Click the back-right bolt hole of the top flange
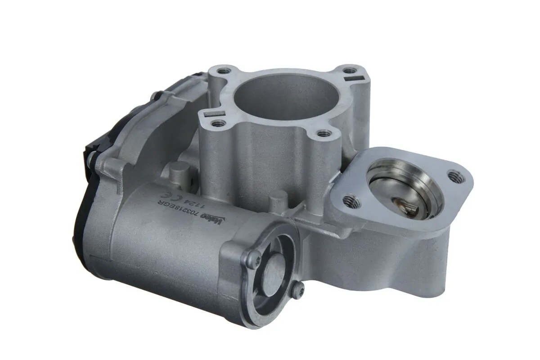(349, 71)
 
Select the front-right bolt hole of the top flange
(322, 133)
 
